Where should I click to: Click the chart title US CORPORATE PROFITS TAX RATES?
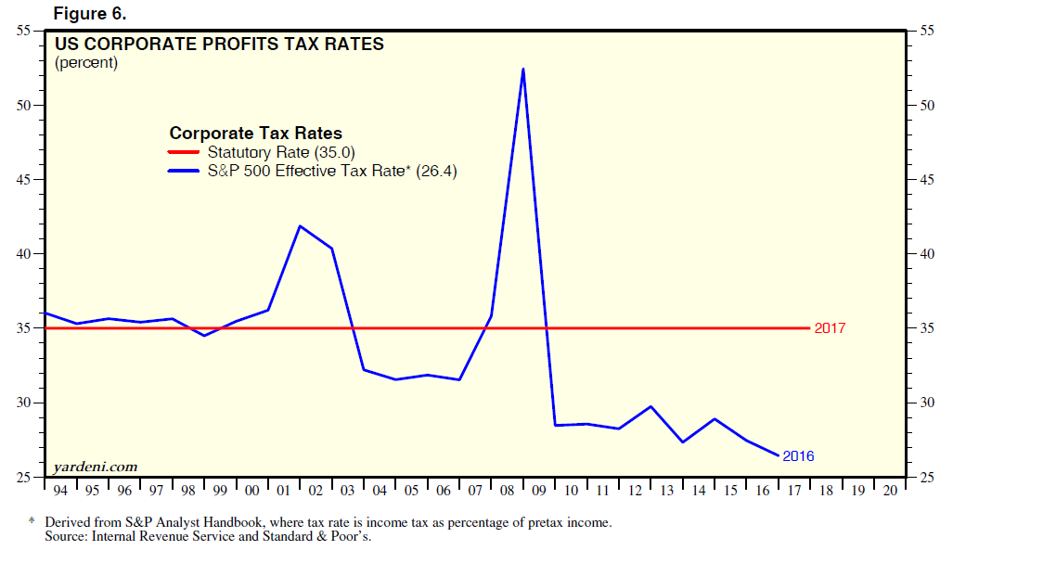tap(219, 44)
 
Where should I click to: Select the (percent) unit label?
tap(86, 63)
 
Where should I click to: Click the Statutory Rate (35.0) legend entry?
tap(281, 152)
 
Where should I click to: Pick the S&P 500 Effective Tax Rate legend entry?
tap(332, 171)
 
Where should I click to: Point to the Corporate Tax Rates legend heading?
tap(255, 134)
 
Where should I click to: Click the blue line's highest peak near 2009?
tap(523, 69)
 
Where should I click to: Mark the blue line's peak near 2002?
tap(299, 226)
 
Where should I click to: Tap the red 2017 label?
tap(830, 328)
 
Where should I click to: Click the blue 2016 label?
tap(798, 456)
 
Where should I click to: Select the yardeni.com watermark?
tap(96, 466)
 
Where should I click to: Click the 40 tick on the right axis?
tap(925, 254)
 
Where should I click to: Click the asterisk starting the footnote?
tap(32, 522)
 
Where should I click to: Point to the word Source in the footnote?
tap(64, 536)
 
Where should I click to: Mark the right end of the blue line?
tap(778, 455)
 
